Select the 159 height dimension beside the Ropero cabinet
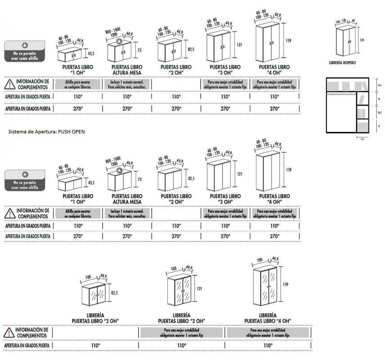point(362,40)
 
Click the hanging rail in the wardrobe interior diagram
point(340,94)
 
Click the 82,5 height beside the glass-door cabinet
point(114,293)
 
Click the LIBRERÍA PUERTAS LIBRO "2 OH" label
point(95,318)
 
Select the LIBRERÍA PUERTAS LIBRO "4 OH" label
point(268,318)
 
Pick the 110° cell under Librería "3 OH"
point(182,345)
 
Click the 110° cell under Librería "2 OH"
point(95,345)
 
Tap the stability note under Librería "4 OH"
point(268,333)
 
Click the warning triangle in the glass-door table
point(9,333)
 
